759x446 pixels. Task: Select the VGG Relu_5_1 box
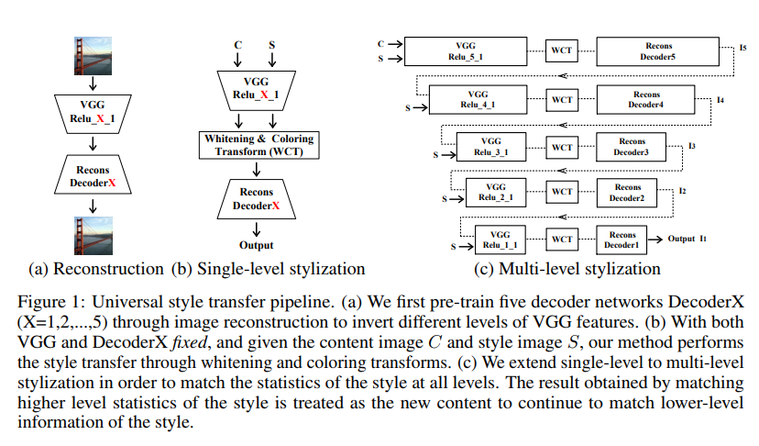(x=465, y=50)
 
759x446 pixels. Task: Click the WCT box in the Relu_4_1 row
(x=561, y=99)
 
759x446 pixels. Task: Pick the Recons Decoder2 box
(x=627, y=193)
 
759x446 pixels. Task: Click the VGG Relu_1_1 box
(x=500, y=240)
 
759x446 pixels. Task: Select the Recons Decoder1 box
(x=621, y=240)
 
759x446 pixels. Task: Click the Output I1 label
(x=687, y=239)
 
